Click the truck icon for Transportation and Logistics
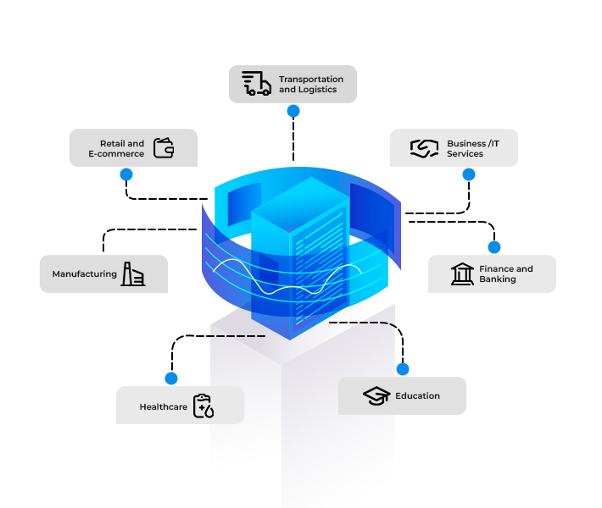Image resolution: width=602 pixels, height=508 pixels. click(x=256, y=84)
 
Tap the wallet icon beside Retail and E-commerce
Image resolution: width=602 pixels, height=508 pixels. click(x=164, y=148)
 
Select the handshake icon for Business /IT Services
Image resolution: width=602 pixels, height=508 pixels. click(x=424, y=148)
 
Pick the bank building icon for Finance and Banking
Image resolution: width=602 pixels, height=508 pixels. click(x=463, y=273)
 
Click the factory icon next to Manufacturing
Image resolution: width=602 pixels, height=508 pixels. click(x=133, y=273)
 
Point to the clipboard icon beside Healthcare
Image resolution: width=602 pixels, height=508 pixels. click(x=203, y=406)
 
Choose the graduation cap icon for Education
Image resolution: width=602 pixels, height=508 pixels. click(x=376, y=395)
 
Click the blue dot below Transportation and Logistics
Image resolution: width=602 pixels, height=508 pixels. click(x=293, y=111)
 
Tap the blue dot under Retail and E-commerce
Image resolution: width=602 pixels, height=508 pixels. click(x=126, y=174)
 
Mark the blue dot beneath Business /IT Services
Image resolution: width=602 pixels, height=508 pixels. click(x=469, y=174)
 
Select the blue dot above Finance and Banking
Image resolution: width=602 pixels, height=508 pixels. click(x=494, y=246)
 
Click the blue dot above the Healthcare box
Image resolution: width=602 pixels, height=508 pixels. click(x=171, y=378)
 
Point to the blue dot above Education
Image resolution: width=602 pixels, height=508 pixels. click(x=403, y=369)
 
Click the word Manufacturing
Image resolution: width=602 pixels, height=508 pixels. click(x=84, y=274)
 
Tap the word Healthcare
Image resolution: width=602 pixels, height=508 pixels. click(x=163, y=407)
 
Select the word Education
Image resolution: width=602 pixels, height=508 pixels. click(x=417, y=395)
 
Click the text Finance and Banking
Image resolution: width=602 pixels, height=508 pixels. click(x=506, y=273)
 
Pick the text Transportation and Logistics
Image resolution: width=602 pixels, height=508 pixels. click(x=311, y=84)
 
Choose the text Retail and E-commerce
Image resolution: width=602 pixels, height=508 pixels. click(x=117, y=148)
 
